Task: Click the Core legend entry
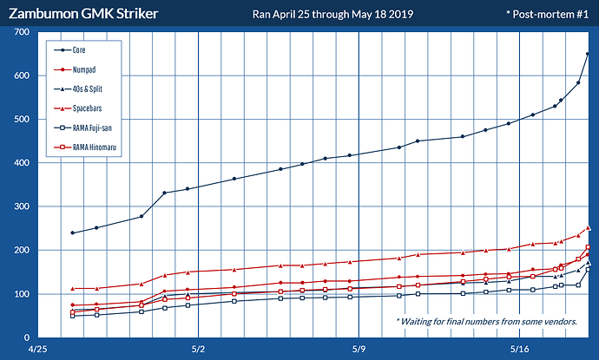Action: [x=84, y=50]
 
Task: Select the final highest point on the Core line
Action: [x=588, y=54]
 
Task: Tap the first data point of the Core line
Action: [x=73, y=232]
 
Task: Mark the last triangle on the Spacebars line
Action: [x=588, y=228]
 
